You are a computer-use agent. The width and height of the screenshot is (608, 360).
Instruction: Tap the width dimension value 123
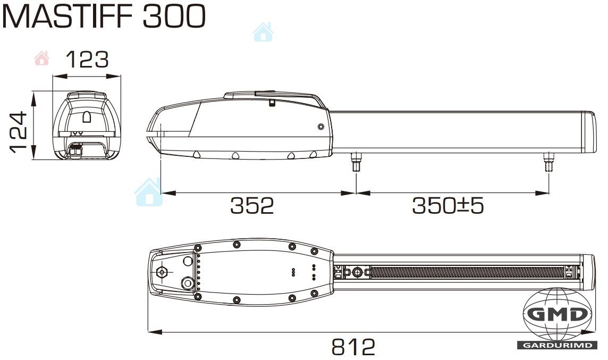[87, 60]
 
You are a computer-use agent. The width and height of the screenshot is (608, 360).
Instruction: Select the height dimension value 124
[18, 132]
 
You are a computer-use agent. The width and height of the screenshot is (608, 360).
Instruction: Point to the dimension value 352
[252, 206]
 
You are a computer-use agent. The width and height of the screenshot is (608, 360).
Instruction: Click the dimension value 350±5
[448, 206]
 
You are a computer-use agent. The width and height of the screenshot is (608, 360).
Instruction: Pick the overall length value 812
[353, 347]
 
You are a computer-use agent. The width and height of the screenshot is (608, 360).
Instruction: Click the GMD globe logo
[557, 314]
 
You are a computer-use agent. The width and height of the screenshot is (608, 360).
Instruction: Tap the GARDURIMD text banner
[557, 345]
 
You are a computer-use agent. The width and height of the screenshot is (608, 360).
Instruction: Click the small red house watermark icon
[42, 58]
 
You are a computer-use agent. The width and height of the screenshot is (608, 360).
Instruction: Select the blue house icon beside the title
[263, 32]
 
